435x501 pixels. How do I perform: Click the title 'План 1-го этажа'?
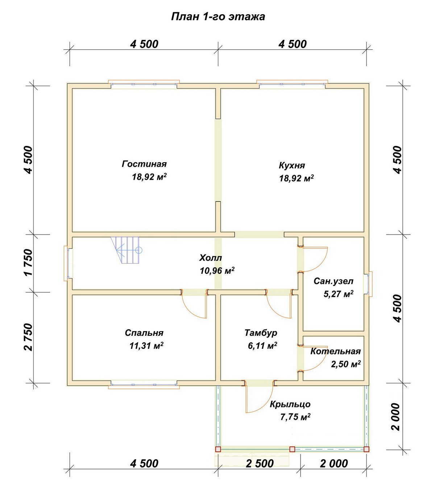click(217, 17)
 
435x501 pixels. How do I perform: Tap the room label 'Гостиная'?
click(144, 164)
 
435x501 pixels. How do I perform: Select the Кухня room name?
click(292, 166)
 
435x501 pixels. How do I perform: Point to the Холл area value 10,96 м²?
click(217, 270)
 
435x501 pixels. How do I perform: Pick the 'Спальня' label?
click(144, 333)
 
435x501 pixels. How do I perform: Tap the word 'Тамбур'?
click(261, 333)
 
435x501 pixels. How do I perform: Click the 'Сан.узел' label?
click(333, 281)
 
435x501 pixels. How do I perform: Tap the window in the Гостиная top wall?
click(144, 84)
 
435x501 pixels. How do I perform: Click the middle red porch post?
click(292, 449)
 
